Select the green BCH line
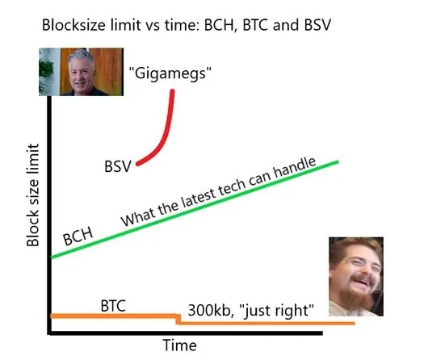click(195, 209)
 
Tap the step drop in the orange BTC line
click(178, 319)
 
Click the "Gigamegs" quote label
click(170, 73)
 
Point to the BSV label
click(118, 166)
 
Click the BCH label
click(78, 236)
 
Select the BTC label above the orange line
click(113, 306)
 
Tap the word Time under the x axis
click(179, 345)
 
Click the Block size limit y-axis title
click(33, 195)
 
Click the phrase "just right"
click(277, 310)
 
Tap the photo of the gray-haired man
click(81, 72)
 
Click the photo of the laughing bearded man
click(356, 277)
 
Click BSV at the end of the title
click(317, 25)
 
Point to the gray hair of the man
click(81, 57)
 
